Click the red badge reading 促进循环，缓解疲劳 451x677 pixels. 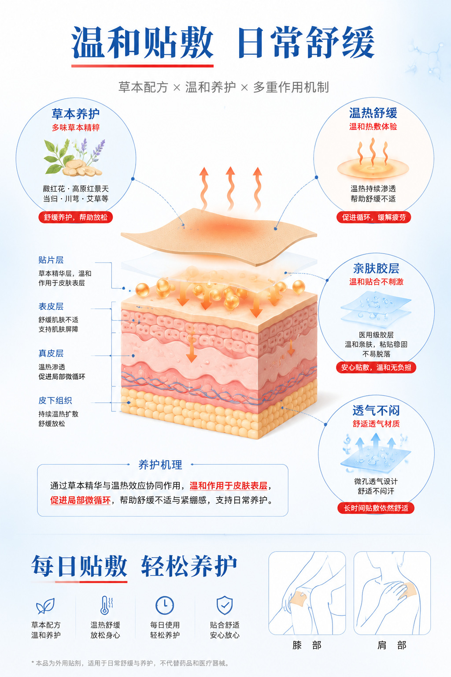click(373, 217)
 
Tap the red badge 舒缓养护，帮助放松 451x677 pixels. click(75, 217)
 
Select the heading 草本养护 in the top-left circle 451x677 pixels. click(75, 114)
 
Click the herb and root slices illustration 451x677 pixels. click(74, 157)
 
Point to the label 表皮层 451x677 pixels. click(51, 306)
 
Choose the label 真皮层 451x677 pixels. click(51, 353)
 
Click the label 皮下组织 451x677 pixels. click(55, 401)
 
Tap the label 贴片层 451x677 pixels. click(51, 260)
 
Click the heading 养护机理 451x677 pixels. click(160, 465)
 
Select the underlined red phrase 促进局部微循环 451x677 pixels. click(80, 500)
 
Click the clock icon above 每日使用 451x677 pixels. click(165, 606)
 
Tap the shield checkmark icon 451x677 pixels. click(225, 605)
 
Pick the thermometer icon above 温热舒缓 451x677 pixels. click(106, 605)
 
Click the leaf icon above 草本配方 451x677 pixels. click(45, 606)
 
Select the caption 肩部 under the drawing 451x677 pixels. click(392, 646)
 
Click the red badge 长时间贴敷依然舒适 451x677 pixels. click(376, 508)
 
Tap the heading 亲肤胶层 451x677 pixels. click(377, 268)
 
